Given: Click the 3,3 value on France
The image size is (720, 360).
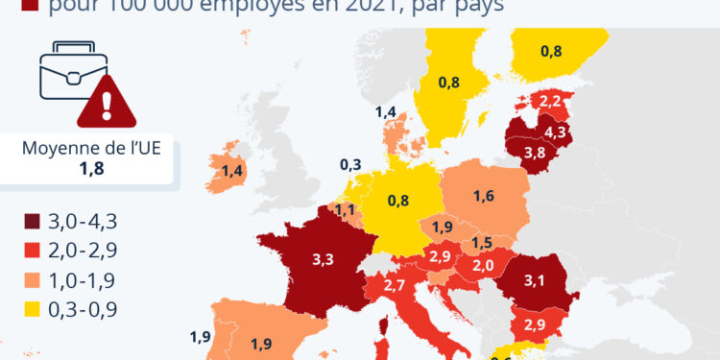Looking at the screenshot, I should click(x=323, y=258).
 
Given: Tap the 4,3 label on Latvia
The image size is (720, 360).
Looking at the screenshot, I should click(x=555, y=131).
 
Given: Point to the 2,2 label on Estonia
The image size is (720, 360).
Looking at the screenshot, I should click(x=551, y=100).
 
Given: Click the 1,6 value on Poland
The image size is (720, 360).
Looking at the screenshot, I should click(x=484, y=196).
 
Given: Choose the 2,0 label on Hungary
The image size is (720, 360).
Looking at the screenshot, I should click(x=482, y=265).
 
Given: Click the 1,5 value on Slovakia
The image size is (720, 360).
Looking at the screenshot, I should click(x=483, y=243).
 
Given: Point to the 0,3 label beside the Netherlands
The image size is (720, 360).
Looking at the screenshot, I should click(x=350, y=164).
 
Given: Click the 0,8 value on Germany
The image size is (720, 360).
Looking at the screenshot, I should click(x=398, y=201).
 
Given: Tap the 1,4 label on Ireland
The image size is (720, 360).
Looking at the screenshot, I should click(x=232, y=171).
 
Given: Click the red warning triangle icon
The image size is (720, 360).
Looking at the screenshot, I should click(x=101, y=104).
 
